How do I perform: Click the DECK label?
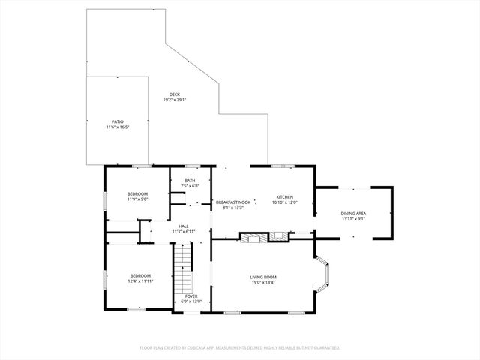pyautogui.click(x=174, y=94)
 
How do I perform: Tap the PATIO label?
pyautogui.click(x=118, y=121)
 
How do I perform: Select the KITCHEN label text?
pyautogui.click(x=284, y=196)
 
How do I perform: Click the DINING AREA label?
pyautogui.click(x=353, y=214)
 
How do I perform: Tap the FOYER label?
pyautogui.click(x=191, y=296)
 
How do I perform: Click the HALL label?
pyautogui.click(x=184, y=226)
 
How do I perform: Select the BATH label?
pyautogui.click(x=190, y=181)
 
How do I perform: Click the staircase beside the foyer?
pyautogui.click(x=184, y=271)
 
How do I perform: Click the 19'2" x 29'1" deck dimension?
pyautogui.click(x=174, y=100)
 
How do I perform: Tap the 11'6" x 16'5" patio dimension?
pyautogui.click(x=118, y=127)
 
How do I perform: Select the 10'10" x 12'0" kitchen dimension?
pyautogui.click(x=284, y=202)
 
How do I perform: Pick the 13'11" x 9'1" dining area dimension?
pyautogui.click(x=353, y=219)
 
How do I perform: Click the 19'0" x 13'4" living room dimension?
pyautogui.click(x=263, y=283)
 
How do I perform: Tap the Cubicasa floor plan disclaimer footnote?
pyautogui.click(x=240, y=347)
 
